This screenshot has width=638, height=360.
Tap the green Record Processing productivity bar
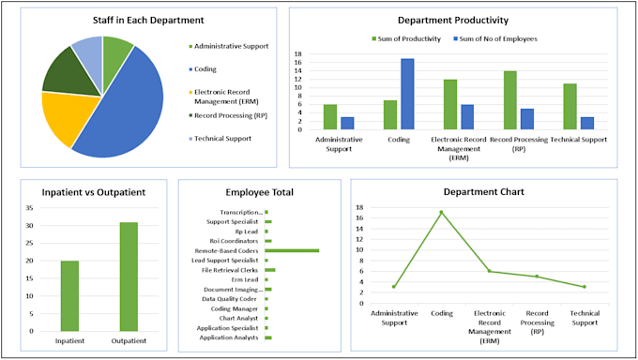coord(509,99)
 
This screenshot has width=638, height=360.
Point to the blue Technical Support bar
coord(586,123)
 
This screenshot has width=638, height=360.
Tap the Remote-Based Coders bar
coord(292,250)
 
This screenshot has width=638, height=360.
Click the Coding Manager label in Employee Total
coord(235,308)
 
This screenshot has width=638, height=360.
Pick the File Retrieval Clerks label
coord(231,270)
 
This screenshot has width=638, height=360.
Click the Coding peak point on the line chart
coord(441,212)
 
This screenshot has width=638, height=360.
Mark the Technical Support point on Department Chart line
coord(584,287)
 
